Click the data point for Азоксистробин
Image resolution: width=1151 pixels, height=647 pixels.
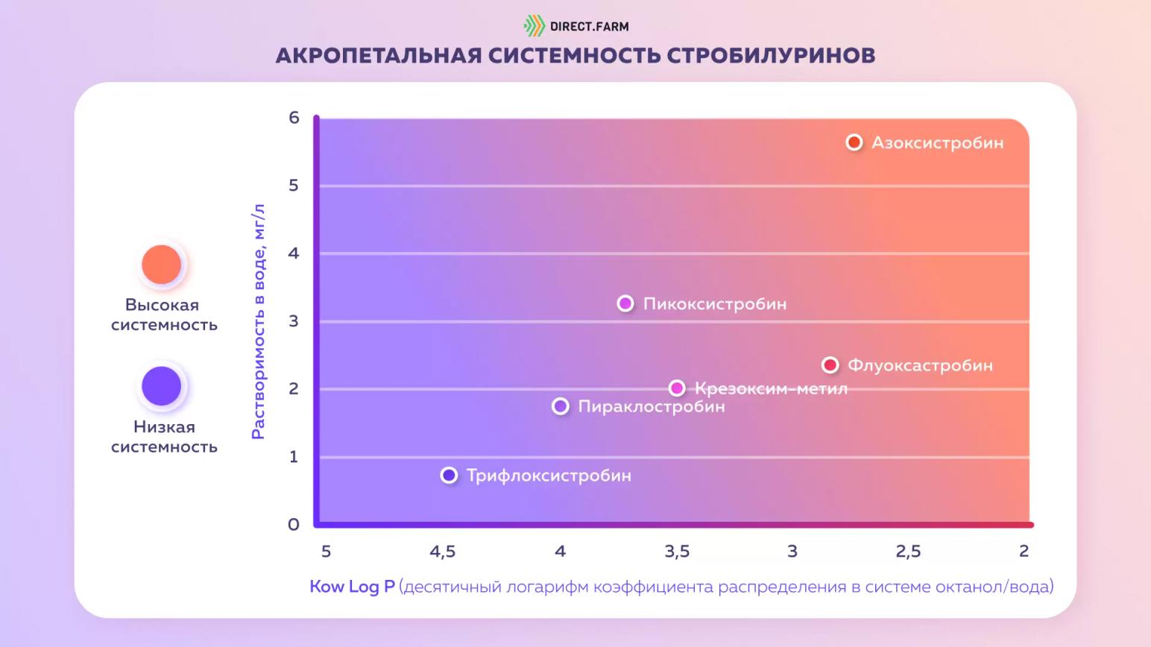(854, 142)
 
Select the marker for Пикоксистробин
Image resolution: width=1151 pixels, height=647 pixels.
(625, 303)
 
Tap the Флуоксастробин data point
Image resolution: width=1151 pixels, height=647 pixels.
(830, 365)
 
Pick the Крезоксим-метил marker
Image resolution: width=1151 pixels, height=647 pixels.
(677, 388)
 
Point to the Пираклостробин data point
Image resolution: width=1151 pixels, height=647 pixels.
(561, 406)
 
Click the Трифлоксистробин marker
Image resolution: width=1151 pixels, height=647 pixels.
(449, 476)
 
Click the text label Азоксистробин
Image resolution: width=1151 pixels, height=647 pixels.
(937, 142)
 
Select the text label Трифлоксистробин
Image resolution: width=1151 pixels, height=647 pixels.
(549, 476)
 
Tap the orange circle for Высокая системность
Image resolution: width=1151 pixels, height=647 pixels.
(162, 265)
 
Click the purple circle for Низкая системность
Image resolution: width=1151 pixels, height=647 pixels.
(162, 386)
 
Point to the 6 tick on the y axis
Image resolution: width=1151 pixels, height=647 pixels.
(294, 117)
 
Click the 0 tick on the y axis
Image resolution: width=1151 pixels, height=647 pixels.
(294, 525)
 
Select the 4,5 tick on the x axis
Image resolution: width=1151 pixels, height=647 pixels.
(442, 552)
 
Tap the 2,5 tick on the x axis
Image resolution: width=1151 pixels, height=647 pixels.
(908, 552)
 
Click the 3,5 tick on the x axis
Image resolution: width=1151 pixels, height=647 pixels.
(677, 552)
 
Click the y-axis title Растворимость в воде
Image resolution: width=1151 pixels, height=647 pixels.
(258, 321)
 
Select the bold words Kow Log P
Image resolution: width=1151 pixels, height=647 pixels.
(352, 587)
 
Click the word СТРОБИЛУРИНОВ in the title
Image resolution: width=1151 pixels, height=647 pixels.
(771, 55)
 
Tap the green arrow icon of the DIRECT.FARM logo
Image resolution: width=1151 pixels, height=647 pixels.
(534, 26)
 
